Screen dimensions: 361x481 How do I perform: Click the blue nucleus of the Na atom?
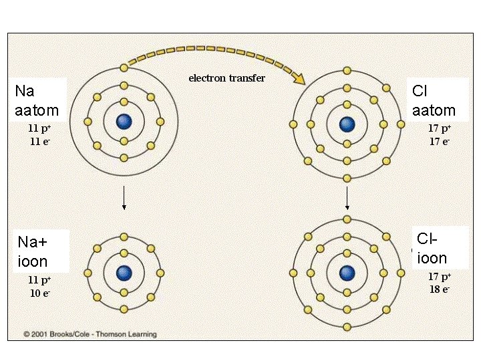click(x=124, y=122)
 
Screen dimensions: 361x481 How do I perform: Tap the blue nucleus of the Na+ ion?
click(x=124, y=273)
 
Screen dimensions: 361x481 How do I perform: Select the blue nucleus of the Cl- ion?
click(x=347, y=273)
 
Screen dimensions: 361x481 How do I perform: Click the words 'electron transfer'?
click(x=226, y=78)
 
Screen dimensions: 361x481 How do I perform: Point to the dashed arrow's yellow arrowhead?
click(x=298, y=78)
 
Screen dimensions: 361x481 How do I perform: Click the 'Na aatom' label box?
click(x=37, y=101)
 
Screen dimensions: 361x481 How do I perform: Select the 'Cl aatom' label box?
click(x=434, y=101)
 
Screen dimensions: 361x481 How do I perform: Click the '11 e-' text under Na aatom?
click(x=38, y=142)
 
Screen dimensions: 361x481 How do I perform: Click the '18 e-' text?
click(x=440, y=289)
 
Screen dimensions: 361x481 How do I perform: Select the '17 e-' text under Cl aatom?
click(x=440, y=141)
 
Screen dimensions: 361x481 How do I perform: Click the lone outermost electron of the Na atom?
click(x=124, y=68)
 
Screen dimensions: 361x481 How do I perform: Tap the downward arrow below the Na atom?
click(x=124, y=198)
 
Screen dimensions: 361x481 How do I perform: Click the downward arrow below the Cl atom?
click(x=347, y=198)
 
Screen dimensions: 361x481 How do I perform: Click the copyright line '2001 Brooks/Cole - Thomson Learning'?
click(x=90, y=334)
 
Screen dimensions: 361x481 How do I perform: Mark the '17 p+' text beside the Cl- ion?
click(x=440, y=277)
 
